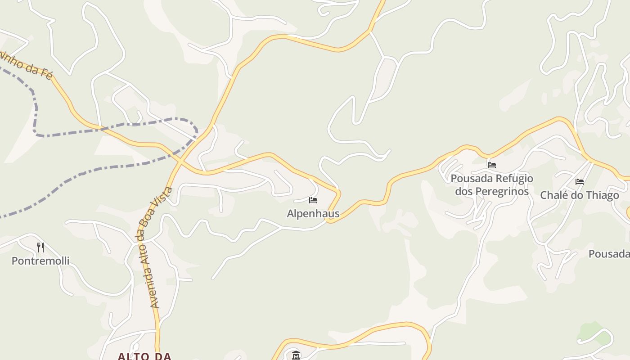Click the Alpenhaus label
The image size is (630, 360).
[x=313, y=213]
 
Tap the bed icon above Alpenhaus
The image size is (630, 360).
[x=313, y=200]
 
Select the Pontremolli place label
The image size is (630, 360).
[x=40, y=261]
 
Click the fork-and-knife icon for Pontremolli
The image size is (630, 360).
[x=40, y=247]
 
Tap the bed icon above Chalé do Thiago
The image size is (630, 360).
[x=580, y=182]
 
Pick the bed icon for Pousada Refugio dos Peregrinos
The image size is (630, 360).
[x=492, y=165]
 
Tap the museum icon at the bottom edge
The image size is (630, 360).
[x=296, y=355]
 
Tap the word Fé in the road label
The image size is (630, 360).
[x=46, y=73]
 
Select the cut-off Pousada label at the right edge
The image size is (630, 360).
[x=609, y=254]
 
